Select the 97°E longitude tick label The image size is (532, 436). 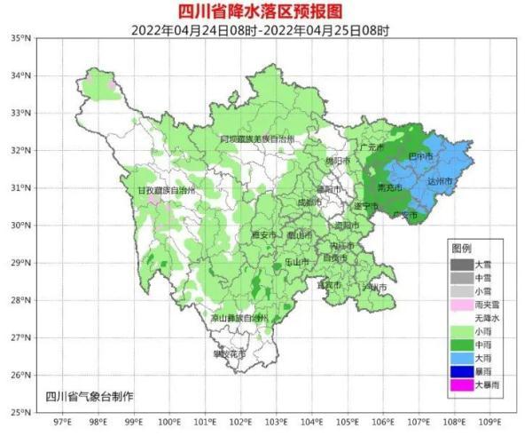pyautogui.click(x=63, y=424)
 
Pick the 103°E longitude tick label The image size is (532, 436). pyautogui.click(x=277, y=424)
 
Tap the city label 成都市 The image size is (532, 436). pyautogui.click(x=309, y=202)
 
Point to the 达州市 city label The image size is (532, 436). pyautogui.click(x=440, y=181)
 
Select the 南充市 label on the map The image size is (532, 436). pyautogui.click(x=390, y=188)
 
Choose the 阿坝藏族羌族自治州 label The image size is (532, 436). pyautogui.click(x=257, y=139)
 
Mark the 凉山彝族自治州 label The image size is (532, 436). pyautogui.click(x=239, y=317)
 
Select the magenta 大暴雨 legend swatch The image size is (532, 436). pyautogui.click(x=462, y=384)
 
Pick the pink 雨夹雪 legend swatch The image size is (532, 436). pyautogui.click(x=462, y=304)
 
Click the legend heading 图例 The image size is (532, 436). pyautogui.click(x=461, y=248)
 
